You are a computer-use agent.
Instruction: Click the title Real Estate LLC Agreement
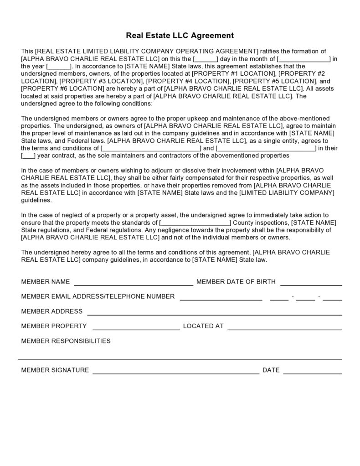click(x=180, y=35)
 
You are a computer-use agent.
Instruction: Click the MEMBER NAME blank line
click(x=134, y=284)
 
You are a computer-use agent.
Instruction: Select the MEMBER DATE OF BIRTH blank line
click(x=311, y=284)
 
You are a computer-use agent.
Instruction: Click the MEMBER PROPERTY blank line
click(x=136, y=328)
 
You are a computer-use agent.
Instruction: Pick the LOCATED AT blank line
click(x=284, y=328)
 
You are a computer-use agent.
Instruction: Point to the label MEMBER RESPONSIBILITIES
click(x=66, y=341)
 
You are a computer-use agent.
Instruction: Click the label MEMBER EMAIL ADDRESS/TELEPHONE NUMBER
click(x=98, y=296)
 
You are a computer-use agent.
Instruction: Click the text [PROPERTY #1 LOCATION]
click(x=234, y=73)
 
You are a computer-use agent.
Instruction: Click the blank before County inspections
click(x=195, y=223)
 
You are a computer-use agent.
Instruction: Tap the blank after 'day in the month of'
click(x=303, y=59)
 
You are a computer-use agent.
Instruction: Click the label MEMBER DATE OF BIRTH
click(x=236, y=282)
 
